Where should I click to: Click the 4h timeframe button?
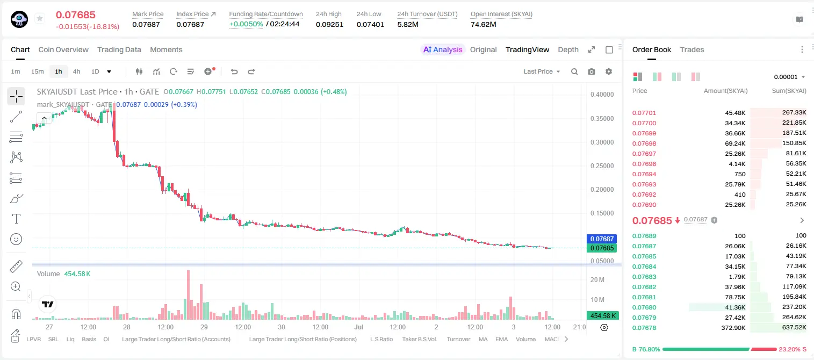pyautogui.click(x=76, y=71)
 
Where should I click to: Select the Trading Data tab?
pyautogui.click(x=119, y=50)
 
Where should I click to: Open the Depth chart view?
pyautogui.click(x=568, y=50)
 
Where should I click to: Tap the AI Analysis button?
pyautogui.click(x=443, y=50)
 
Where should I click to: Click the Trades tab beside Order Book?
pyautogui.click(x=692, y=50)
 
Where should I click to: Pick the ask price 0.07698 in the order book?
pyautogui.click(x=644, y=143)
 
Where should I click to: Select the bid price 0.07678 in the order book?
pyautogui.click(x=644, y=328)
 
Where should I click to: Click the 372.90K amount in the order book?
pyautogui.click(x=733, y=328)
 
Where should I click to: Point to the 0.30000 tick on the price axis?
pyautogui.click(x=602, y=142)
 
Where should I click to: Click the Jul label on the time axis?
pyautogui.click(x=359, y=327)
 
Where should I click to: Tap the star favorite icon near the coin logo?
pyautogui.click(x=40, y=18)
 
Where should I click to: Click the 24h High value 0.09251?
pyautogui.click(x=329, y=24)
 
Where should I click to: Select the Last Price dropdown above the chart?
pyautogui.click(x=542, y=71)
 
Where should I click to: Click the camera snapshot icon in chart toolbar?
pyautogui.click(x=592, y=71)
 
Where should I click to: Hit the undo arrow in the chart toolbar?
pyautogui.click(x=234, y=71)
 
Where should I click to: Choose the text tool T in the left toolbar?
pyautogui.click(x=16, y=219)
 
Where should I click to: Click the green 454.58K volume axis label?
pyautogui.click(x=602, y=316)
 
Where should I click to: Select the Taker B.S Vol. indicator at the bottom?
pyautogui.click(x=419, y=339)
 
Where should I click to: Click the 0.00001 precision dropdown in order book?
pyautogui.click(x=789, y=77)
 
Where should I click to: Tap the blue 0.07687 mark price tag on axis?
pyautogui.click(x=602, y=239)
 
